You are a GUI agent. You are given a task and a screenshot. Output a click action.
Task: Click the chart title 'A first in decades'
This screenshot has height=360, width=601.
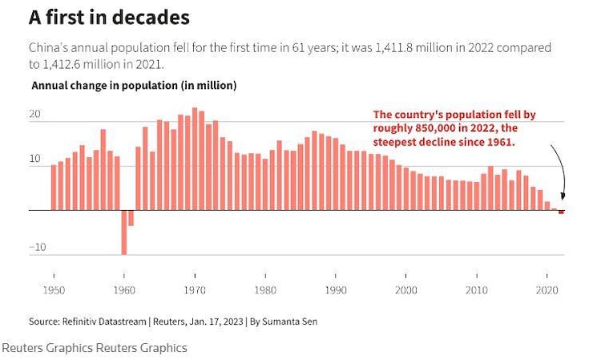click(x=109, y=17)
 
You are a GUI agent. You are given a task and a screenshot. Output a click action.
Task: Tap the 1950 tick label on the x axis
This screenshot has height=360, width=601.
click(x=53, y=289)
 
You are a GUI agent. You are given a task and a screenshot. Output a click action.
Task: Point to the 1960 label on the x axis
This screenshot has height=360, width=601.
click(x=124, y=289)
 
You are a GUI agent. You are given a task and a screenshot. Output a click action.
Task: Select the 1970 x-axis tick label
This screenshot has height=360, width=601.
click(x=195, y=289)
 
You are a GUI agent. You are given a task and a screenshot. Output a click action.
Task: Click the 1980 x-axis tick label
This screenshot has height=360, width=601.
click(x=265, y=289)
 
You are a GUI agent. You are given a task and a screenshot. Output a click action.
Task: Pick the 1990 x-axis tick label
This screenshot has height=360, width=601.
click(x=336, y=289)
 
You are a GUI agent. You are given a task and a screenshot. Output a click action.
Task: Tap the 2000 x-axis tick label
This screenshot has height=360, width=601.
click(x=406, y=289)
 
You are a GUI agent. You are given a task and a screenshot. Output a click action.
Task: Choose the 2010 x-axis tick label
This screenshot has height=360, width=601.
click(x=477, y=289)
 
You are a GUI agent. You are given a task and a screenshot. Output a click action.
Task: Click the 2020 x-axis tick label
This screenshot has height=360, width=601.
click(x=547, y=289)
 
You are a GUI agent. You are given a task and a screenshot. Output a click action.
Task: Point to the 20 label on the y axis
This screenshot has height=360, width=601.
click(x=34, y=115)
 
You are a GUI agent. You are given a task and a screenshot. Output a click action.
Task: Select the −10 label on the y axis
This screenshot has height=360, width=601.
click(x=37, y=247)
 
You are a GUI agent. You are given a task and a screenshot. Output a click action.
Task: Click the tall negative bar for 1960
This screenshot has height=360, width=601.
click(x=124, y=232)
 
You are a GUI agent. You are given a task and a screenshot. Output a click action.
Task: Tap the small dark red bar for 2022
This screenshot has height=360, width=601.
click(x=562, y=212)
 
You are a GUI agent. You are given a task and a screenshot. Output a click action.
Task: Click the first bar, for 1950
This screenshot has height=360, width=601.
click(x=54, y=188)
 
